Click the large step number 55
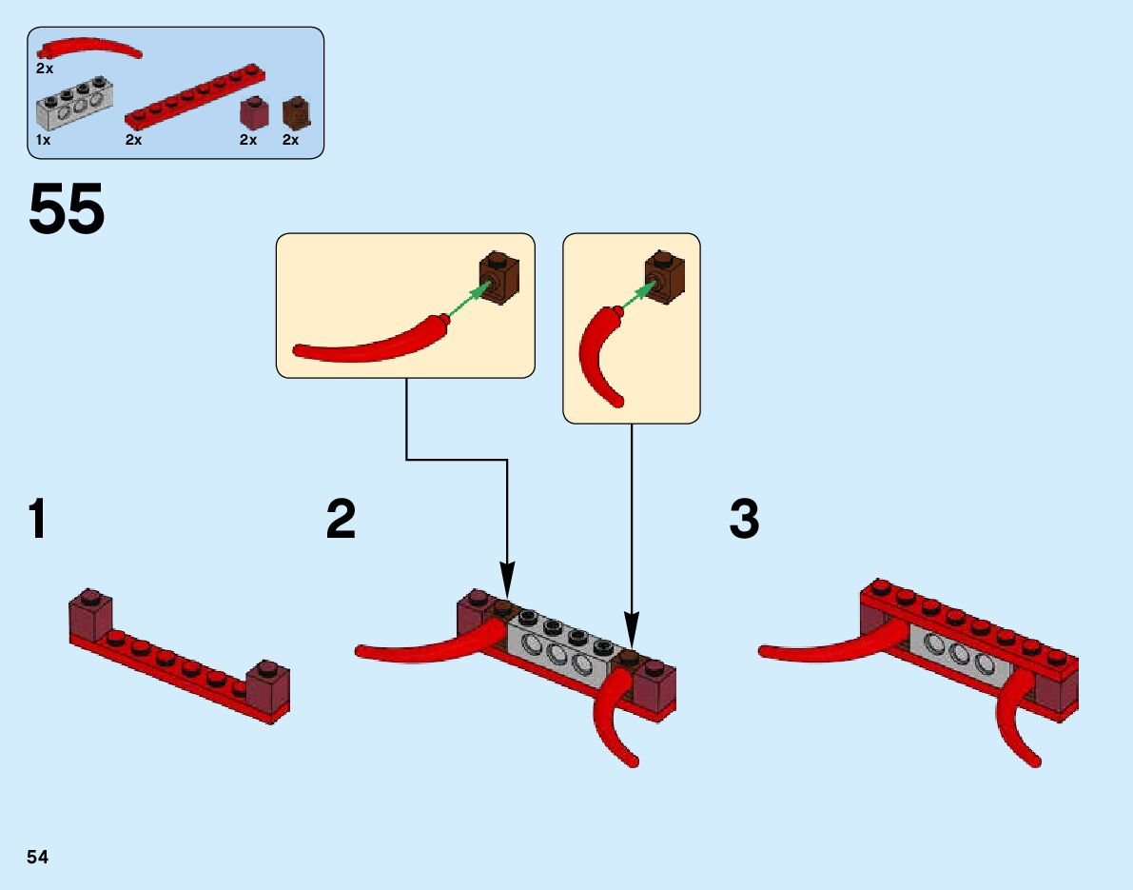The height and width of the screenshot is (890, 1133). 67,208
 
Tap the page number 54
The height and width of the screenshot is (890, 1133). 37,857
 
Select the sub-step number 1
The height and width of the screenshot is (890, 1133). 37,519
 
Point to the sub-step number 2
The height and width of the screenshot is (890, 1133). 342,519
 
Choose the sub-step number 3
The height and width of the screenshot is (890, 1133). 744,519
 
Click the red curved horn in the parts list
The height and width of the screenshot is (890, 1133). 88,47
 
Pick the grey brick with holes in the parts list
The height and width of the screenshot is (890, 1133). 69,105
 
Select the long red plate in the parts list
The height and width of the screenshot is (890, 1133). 195,96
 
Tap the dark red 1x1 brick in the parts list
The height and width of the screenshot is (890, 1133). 254,112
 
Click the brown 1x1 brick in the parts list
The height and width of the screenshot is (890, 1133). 296,112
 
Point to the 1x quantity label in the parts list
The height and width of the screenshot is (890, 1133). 44,140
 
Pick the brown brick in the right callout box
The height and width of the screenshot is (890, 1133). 665,277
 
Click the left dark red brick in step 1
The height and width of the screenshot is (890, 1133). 91,613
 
